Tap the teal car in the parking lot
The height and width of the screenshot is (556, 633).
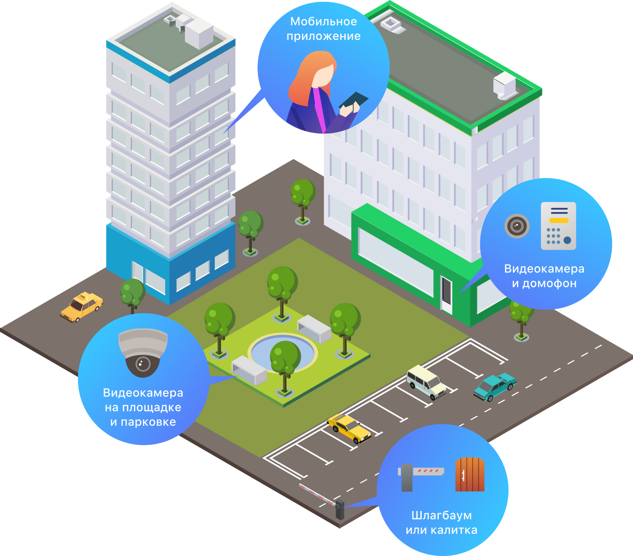click(495, 387)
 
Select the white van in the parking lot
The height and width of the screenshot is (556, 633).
click(426, 382)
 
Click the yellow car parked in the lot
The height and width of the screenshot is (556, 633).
click(349, 428)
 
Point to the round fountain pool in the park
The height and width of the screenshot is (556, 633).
click(282, 352)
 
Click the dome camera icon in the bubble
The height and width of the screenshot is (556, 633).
click(143, 352)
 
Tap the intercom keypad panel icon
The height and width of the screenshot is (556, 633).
click(559, 226)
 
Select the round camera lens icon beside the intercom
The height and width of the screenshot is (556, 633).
click(517, 225)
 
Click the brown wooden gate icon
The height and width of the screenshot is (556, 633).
click(470, 475)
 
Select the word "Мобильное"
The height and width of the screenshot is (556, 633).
click(323, 21)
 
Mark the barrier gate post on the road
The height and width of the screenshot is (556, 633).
click(339, 510)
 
